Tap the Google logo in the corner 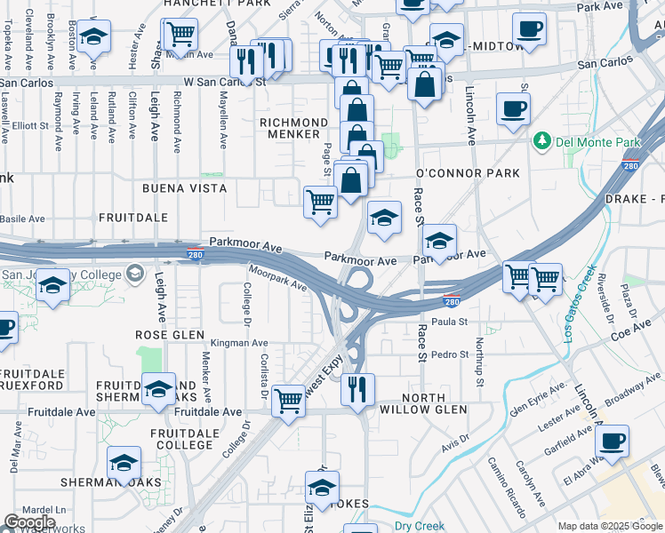(29, 522)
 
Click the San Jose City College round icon (134, 273)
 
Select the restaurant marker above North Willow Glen (357, 388)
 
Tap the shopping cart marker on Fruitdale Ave (289, 402)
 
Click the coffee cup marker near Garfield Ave (612, 440)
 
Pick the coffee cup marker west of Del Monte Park (513, 110)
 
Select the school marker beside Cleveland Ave (92, 37)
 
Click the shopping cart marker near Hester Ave (180, 36)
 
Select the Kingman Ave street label (239, 343)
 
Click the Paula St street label (449, 322)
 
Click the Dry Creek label (419, 525)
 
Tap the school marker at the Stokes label (322, 486)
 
